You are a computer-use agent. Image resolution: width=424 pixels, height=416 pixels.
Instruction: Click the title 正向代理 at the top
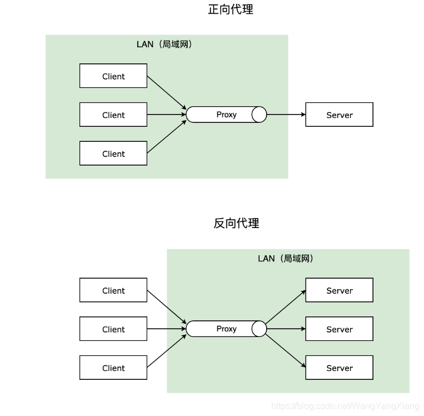230,9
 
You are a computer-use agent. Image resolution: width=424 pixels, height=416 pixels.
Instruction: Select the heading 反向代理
236,224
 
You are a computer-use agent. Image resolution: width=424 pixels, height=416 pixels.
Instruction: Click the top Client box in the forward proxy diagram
113,76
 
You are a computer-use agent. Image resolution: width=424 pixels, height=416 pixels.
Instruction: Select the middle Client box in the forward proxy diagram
113,115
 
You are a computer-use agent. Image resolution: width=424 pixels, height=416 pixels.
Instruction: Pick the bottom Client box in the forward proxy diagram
113,153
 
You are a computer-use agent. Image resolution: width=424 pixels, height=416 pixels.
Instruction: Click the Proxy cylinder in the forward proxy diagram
226,115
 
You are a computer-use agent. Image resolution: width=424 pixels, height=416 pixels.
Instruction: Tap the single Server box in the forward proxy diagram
339,115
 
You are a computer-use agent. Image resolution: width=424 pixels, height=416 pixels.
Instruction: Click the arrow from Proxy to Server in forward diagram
286,115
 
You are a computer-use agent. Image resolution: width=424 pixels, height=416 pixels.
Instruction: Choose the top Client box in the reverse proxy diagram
113,290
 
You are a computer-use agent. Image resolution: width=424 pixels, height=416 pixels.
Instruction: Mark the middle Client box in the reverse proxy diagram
113,329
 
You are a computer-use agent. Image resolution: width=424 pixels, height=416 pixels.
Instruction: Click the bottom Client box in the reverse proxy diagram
113,368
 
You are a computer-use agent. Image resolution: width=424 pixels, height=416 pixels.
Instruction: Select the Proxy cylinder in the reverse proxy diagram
226,329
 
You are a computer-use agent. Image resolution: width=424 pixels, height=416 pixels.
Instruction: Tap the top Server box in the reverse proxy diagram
339,290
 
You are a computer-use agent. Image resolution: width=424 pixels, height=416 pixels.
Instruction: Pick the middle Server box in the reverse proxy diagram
339,329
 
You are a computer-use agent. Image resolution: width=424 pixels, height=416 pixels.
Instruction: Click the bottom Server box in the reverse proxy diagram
339,368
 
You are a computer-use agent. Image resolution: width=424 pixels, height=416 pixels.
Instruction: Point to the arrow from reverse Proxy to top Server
286,306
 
